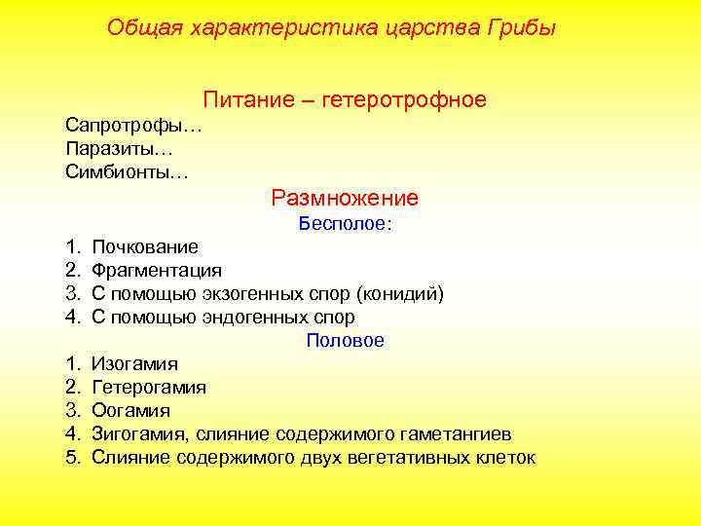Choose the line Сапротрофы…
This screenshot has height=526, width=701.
(x=133, y=126)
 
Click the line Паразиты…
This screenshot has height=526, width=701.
(x=119, y=149)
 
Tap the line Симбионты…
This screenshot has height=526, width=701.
(x=128, y=172)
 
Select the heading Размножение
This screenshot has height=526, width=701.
(x=345, y=198)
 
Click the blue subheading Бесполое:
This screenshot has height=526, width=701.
(x=345, y=224)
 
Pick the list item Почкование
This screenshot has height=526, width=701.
(x=145, y=247)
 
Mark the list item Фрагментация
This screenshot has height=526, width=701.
(x=157, y=271)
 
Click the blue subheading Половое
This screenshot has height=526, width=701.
(x=345, y=341)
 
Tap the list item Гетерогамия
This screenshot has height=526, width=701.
(x=149, y=388)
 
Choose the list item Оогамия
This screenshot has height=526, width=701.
(x=130, y=411)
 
